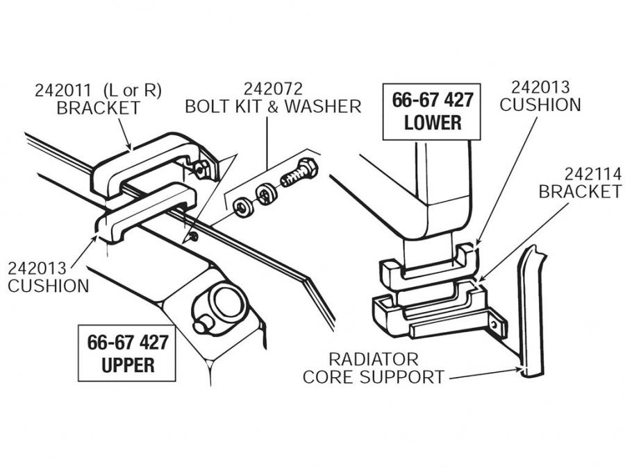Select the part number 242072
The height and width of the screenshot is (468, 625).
click(272, 89)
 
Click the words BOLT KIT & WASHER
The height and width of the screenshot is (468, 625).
click(272, 107)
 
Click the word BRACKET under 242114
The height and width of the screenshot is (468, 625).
click(580, 191)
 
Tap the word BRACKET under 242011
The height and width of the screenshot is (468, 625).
click(98, 108)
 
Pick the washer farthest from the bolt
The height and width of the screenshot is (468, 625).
click(242, 206)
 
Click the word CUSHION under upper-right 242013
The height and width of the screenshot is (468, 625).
click(540, 105)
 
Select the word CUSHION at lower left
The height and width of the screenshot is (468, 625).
click(49, 285)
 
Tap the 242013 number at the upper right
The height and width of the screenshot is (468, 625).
click(540, 87)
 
